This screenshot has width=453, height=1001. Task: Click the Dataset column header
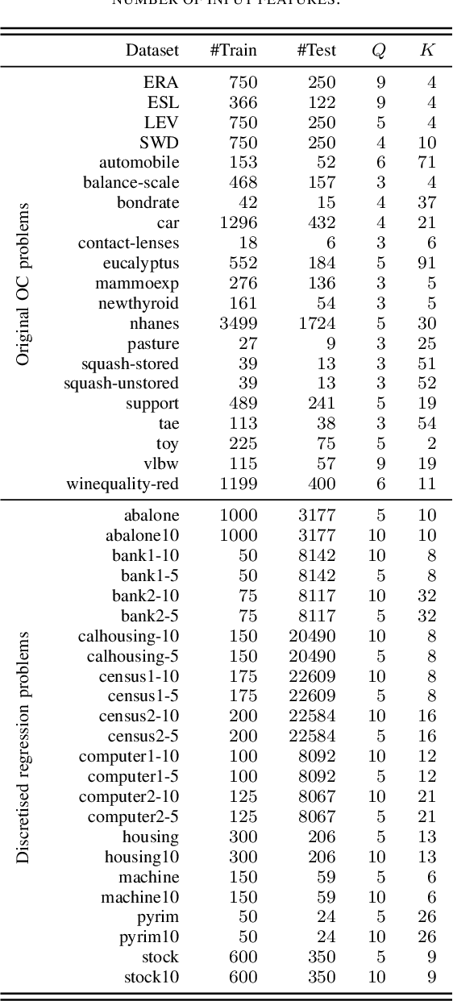[x=152, y=50]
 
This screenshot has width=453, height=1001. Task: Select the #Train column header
[x=233, y=50]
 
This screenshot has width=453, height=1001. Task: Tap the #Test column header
[x=316, y=50]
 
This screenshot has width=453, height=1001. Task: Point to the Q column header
[x=378, y=51]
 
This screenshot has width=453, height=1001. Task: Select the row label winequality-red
[x=123, y=484]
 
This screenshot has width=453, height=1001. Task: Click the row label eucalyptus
[x=141, y=263]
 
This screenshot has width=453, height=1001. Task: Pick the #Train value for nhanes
[x=238, y=323]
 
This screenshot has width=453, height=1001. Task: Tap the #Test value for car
[x=322, y=222]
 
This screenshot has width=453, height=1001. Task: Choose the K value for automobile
[x=427, y=163]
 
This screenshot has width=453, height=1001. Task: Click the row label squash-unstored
[x=121, y=383]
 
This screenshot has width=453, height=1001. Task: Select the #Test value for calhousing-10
[x=312, y=636]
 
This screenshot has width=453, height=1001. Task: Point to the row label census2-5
[x=143, y=736]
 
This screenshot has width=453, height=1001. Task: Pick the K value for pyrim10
[x=427, y=937]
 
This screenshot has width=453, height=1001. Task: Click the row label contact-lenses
[x=128, y=243]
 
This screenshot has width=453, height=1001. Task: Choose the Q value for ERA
[x=380, y=82]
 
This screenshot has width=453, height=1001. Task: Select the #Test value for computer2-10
[x=317, y=796]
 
